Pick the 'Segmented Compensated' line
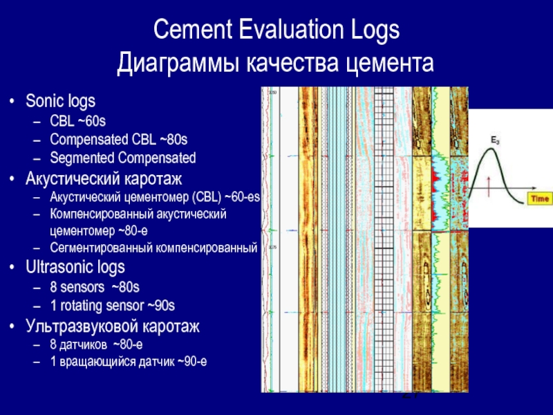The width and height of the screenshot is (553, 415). pos(123,158)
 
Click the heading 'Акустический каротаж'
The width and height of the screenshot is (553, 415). pos(104,179)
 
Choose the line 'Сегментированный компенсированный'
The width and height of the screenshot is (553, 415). pos(153,247)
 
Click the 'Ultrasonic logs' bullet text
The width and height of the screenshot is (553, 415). pos(75,266)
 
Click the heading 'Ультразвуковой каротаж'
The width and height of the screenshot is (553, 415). pos(113,326)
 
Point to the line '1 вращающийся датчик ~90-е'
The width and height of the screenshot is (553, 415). pos(129,362)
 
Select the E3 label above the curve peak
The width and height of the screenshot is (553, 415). pos(495,140)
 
